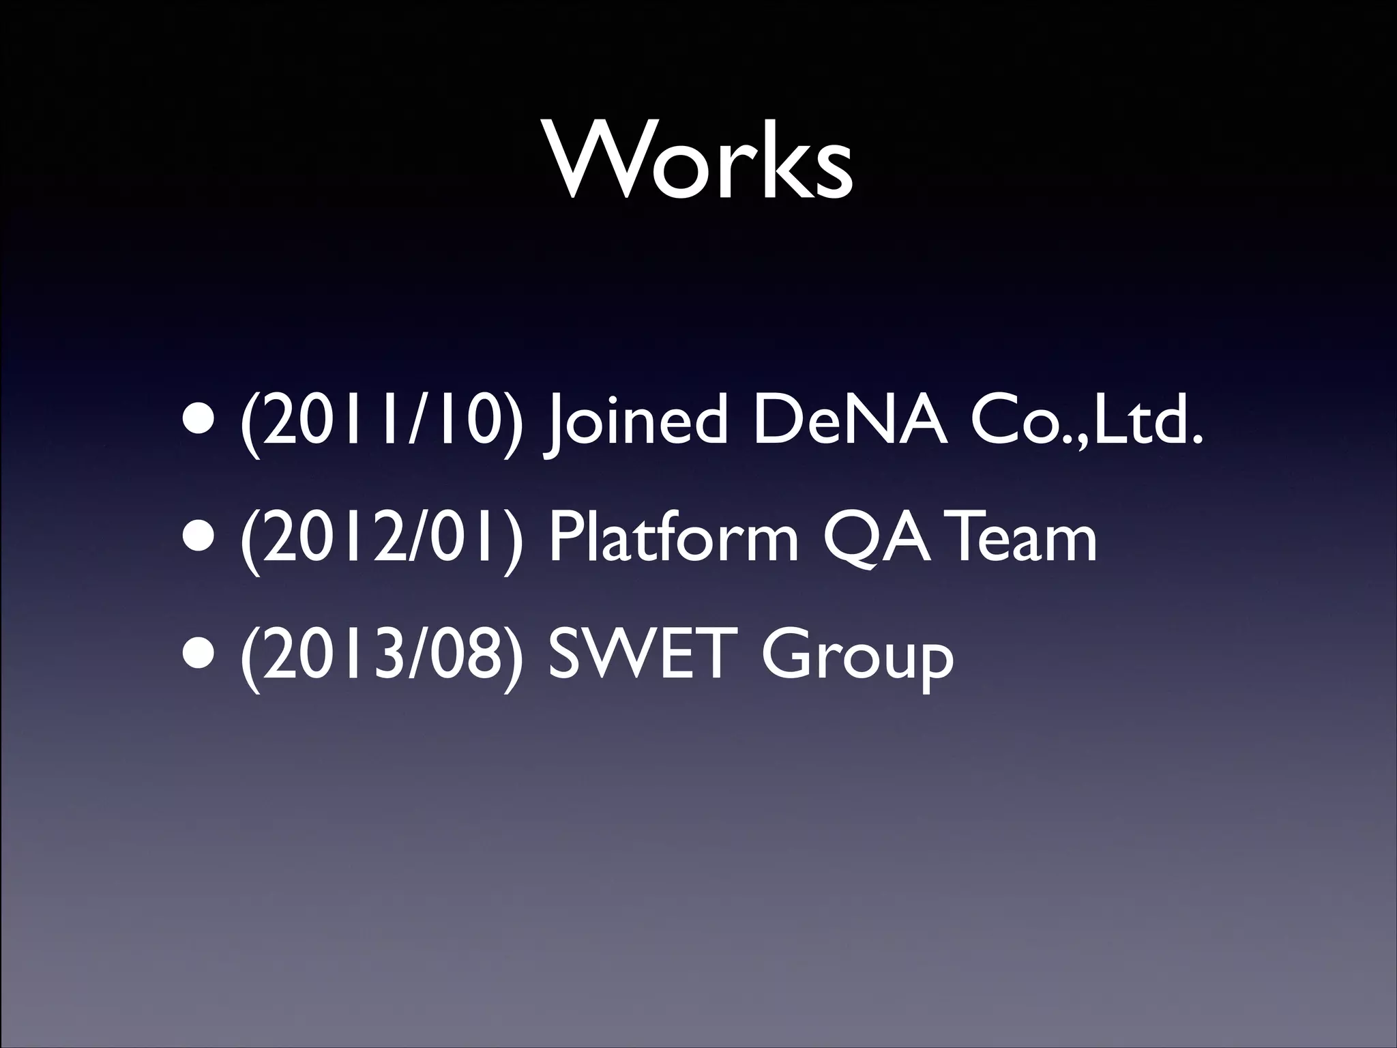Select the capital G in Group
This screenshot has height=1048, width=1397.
coord(789,654)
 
